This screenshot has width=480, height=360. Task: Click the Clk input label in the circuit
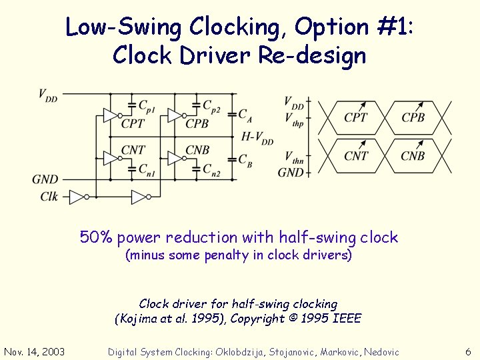(49, 196)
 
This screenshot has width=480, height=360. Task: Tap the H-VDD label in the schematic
(258, 138)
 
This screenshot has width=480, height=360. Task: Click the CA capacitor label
(245, 115)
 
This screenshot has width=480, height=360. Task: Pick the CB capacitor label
(245, 160)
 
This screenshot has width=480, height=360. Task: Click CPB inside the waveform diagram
(413, 118)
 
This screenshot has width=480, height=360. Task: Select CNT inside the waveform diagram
(356, 155)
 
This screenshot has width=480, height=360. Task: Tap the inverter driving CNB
(175, 158)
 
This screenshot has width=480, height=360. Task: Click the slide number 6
(468, 352)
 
